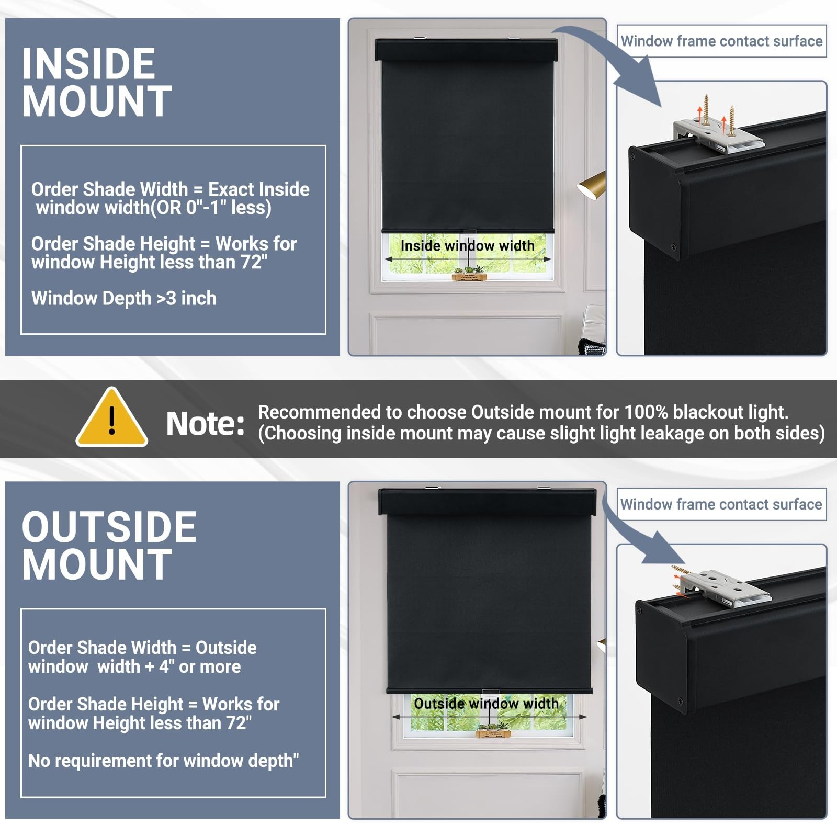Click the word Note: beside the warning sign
[x=205, y=423]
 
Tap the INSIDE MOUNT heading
[x=97, y=82]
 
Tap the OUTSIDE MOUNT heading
[x=109, y=546]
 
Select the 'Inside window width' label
[x=467, y=245]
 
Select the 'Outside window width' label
[x=486, y=704]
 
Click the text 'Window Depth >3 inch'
[x=124, y=298]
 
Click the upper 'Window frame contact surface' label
[x=721, y=41]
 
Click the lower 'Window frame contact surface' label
[x=721, y=504]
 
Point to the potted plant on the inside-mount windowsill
[x=469, y=274]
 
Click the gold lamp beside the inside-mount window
[x=592, y=185]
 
